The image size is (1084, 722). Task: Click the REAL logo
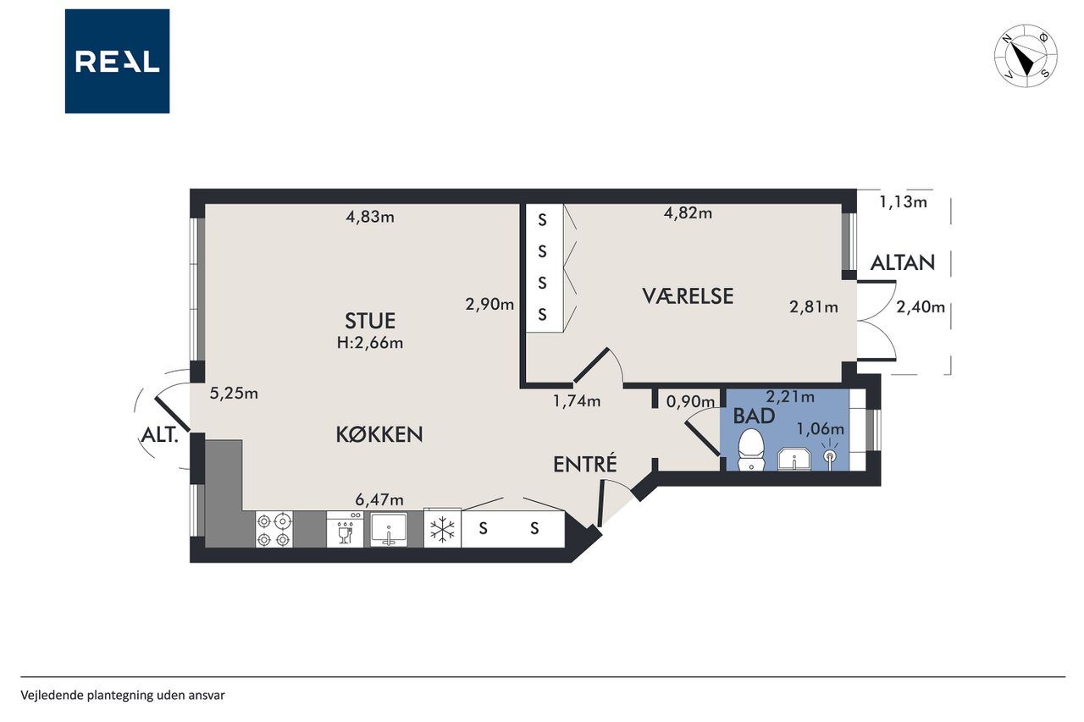[x=117, y=62]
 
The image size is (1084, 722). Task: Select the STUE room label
[x=370, y=321]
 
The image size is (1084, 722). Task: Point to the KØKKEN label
[x=379, y=435]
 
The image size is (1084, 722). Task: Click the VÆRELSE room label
[x=688, y=296]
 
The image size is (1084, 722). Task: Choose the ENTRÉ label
[x=585, y=463]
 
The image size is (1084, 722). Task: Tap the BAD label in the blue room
[x=754, y=416]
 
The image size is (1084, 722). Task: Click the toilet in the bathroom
[x=750, y=449]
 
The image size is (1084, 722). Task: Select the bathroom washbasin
[x=794, y=459]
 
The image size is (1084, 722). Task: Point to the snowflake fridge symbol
[x=442, y=529]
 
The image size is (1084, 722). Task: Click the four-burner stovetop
[x=274, y=530]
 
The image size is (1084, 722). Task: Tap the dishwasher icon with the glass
[x=345, y=530]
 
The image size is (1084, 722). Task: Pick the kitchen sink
[x=389, y=530]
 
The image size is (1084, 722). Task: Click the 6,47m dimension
[x=379, y=499]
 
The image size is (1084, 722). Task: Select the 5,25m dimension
[x=234, y=393]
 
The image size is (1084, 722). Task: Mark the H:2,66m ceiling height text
[x=370, y=343]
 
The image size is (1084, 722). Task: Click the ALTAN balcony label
[x=903, y=263]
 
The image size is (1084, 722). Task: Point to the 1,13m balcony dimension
[x=903, y=201]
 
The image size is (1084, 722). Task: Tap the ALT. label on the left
[x=159, y=436]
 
